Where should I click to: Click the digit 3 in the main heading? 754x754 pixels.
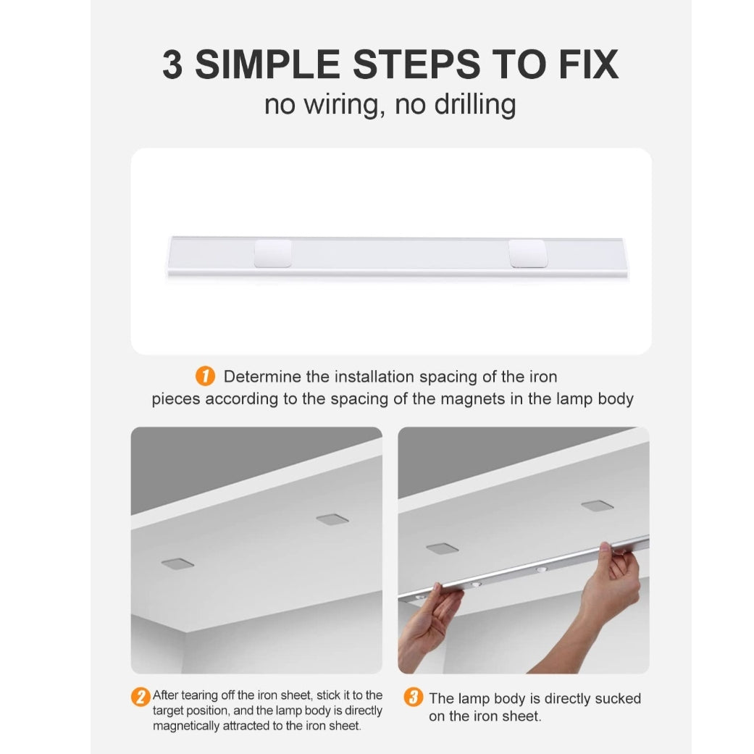pyautogui.click(x=172, y=64)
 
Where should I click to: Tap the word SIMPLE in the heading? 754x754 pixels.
pyautogui.click(x=267, y=64)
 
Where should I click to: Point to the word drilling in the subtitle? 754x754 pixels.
pyautogui.click(x=475, y=105)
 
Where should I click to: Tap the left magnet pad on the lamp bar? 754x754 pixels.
pyautogui.click(x=272, y=254)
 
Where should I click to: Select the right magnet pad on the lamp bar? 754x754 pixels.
pyautogui.click(x=528, y=254)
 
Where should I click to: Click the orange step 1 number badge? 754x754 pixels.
pyautogui.click(x=205, y=376)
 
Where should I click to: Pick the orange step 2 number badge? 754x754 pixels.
pyautogui.click(x=141, y=698)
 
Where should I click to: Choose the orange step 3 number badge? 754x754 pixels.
pyautogui.click(x=414, y=697)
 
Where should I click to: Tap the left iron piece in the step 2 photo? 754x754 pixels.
pyautogui.click(x=177, y=564)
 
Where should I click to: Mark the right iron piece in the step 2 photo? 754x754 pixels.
pyautogui.click(x=332, y=519)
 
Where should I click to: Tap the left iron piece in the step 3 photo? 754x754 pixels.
pyautogui.click(x=443, y=548)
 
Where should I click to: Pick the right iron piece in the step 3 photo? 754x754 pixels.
pyautogui.click(x=598, y=506)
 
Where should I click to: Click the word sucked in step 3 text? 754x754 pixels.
pyautogui.click(x=617, y=698)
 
